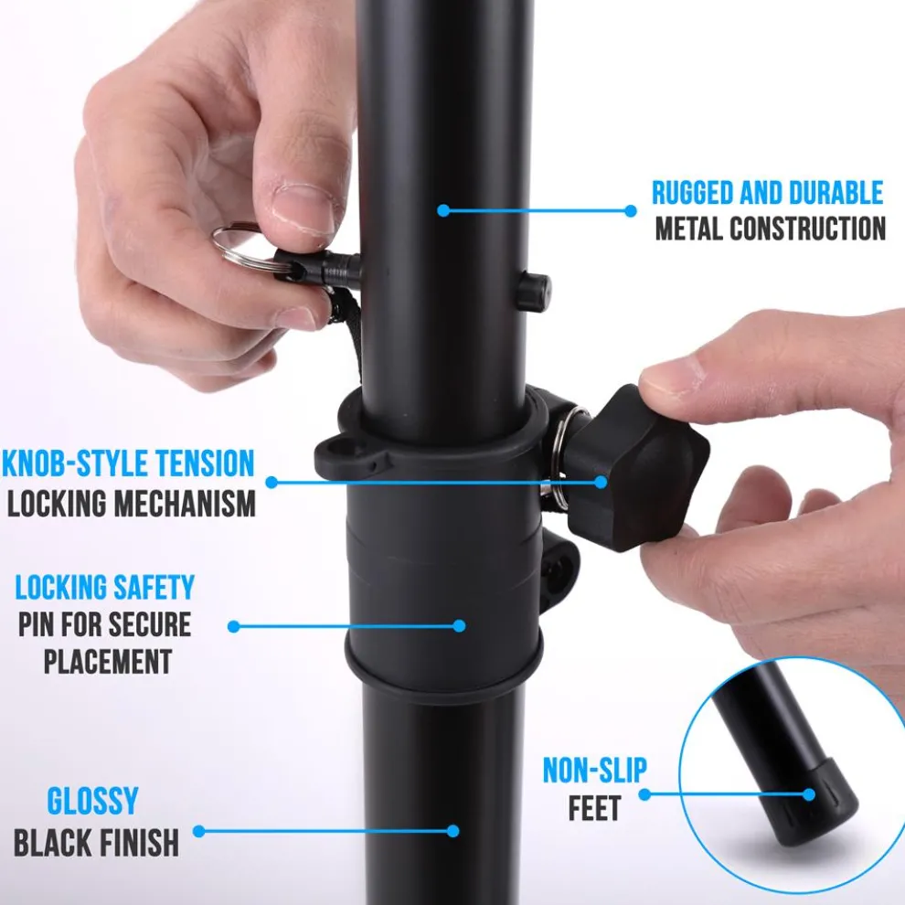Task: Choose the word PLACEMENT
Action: tap(108, 662)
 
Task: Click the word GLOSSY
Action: tap(93, 801)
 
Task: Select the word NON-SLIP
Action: tap(595, 771)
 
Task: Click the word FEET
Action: tap(594, 808)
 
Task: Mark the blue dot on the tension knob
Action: tap(601, 482)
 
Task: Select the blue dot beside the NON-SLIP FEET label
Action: tap(644, 794)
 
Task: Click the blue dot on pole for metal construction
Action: tap(443, 210)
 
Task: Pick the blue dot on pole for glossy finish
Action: tap(453, 831)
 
